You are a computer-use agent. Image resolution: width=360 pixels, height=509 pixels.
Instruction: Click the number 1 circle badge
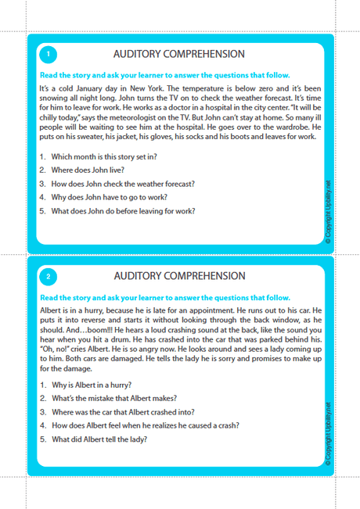(x=48, y=54)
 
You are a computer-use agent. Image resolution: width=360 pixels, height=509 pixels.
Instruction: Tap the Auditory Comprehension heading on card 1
(x=179, y=54)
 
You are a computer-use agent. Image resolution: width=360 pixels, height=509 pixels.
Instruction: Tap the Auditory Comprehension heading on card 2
(x=179, y=276)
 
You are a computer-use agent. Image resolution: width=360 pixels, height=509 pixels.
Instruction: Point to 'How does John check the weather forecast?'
(x=123, y=184)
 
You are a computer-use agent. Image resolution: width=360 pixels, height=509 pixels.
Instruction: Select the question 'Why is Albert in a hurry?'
(x=91, y=385)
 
